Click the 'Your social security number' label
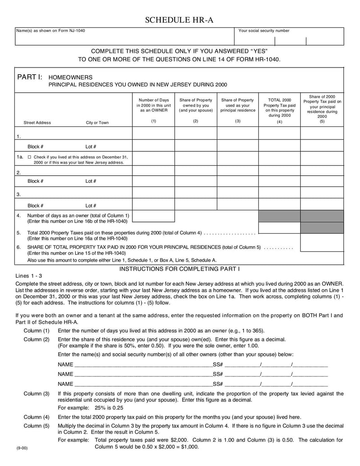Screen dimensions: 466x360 pos(264,31)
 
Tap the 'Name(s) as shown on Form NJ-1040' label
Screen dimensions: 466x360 pos(50,31)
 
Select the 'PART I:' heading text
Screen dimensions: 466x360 pos(30,77)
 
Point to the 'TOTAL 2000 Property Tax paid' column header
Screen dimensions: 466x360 pos(279,105)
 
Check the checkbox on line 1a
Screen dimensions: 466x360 pos(29,157)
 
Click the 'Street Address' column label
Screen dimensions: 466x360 pos(37,122)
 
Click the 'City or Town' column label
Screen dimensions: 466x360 pos(97,122)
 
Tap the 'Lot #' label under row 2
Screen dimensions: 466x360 pos(91,181)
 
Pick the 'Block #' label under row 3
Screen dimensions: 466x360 pos(35,205)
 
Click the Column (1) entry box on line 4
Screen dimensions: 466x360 pos(153,216)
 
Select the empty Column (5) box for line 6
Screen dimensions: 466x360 pos(322,243)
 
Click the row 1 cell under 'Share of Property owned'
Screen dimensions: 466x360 pos(196,133)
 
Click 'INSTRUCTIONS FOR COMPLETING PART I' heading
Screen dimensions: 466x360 pos(180,269)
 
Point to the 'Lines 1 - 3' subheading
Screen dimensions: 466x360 pos(28,276)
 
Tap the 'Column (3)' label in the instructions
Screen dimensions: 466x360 pos(36,394)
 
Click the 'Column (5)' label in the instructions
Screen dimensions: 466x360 pos(36,425)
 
